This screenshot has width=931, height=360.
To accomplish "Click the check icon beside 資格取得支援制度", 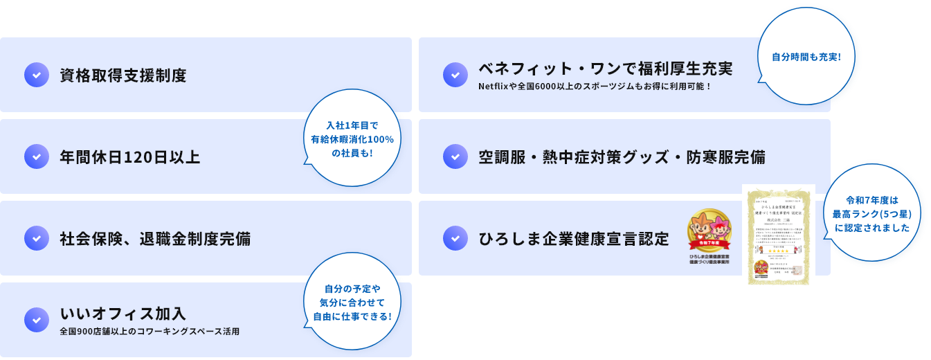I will point(36,75).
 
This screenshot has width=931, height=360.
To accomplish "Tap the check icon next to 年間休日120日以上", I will point(36,156).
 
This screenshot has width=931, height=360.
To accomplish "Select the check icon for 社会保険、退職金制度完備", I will point(36,238).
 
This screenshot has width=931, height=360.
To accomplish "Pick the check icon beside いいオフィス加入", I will point(36,319).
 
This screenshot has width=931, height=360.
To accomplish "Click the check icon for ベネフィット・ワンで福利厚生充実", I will point(455,75).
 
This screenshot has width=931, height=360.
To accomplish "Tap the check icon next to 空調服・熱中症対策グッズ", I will point(455,156).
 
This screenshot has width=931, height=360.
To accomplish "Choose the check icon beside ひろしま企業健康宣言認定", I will point(455,238).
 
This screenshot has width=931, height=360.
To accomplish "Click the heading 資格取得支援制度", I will point(123,75).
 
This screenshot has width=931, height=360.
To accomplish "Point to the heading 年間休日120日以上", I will point(130,157).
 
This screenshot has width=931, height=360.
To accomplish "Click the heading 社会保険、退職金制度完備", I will point(155,239).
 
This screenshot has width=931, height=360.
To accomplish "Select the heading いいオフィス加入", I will point(123,313).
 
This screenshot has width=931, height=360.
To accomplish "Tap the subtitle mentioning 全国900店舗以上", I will point(150,332).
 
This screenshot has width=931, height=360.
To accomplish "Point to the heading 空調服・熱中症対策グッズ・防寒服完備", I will point(622,157).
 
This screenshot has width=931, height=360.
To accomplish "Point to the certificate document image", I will point(779,236).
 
